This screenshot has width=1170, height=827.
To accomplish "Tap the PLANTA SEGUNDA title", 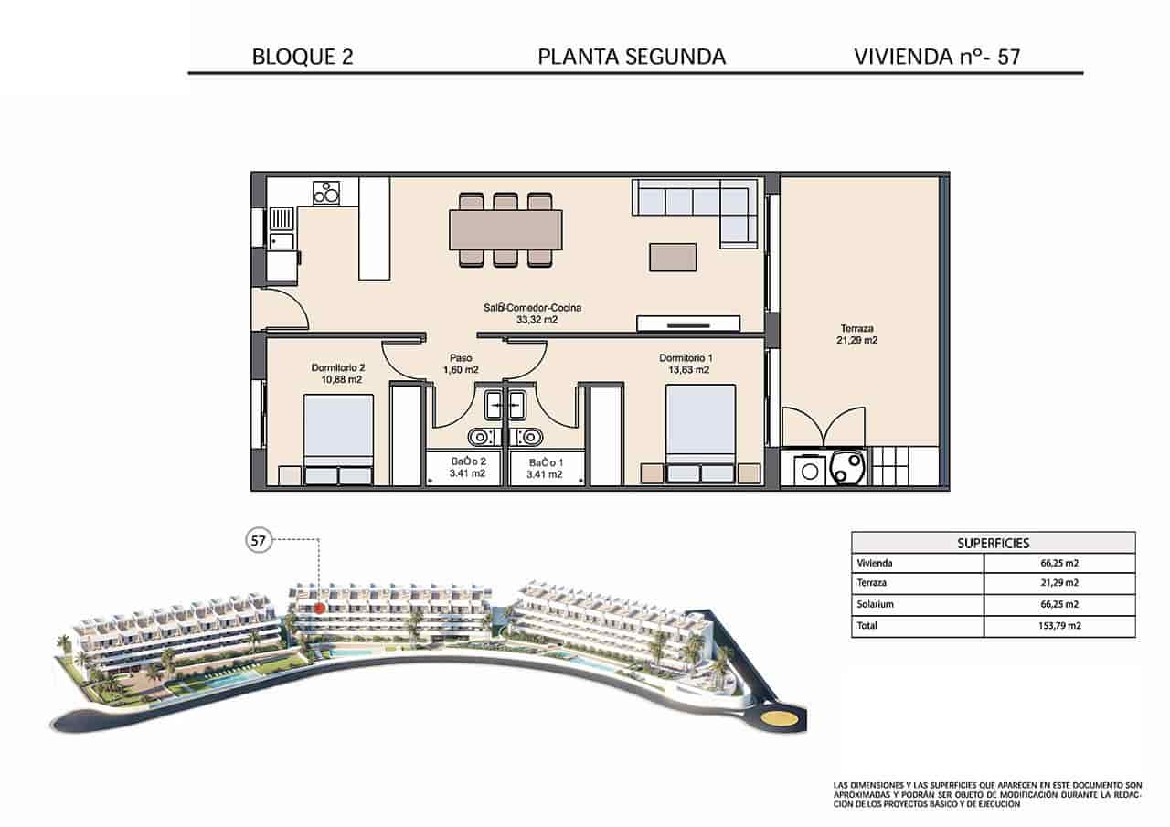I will click(x=632, y=57).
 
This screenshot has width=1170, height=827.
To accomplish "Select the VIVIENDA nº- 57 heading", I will click(x=936, y=57).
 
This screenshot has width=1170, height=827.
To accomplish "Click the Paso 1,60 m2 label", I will click(x=461, y=364).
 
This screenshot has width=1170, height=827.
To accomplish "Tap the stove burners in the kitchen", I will click(x=326, y=193).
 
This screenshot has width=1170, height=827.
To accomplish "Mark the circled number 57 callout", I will click(x=259, y=541).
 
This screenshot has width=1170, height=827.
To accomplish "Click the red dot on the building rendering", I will click(x=319, y=607).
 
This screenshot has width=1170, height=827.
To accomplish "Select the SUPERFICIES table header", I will click(x=993, y=543).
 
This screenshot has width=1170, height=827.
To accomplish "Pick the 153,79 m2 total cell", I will click(x=1058, y=626).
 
